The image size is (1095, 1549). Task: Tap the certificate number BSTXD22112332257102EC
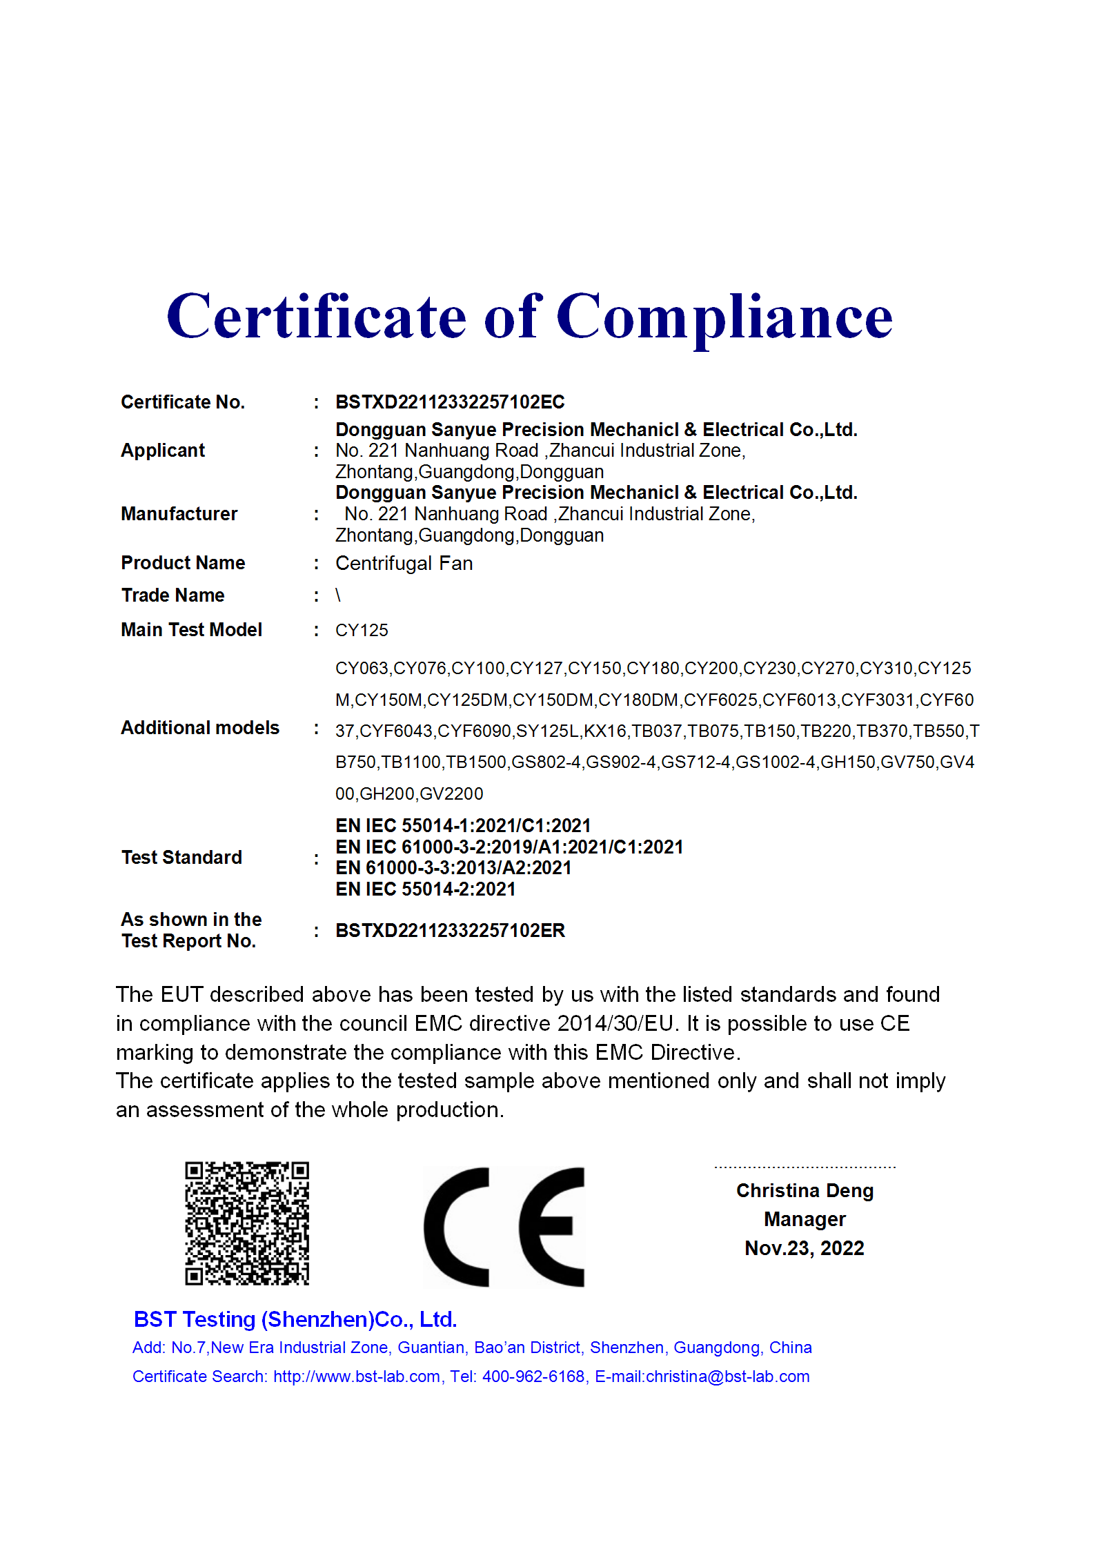coord(450,402)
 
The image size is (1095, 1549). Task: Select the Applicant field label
coord(163,451)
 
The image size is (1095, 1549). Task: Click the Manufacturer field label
coord(179,514)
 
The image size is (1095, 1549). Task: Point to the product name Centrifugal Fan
coord(404,564)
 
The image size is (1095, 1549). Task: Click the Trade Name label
coord(172,595)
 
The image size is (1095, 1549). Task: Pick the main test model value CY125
coord(362,631)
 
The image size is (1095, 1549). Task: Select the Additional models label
coord(200,728)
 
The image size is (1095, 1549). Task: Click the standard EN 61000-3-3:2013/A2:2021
coord(453,868)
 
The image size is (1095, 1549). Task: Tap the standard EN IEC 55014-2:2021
coord(425,889)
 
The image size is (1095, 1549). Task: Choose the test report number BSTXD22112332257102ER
coord(450,931)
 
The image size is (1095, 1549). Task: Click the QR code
coord(247,1223)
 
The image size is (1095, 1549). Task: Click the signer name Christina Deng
coord(805,1191)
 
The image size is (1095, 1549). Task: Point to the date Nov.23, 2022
coord(805,1248)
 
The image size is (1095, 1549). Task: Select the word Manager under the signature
coord(805,1220)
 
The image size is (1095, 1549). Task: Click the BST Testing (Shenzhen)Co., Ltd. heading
coord(295,1320)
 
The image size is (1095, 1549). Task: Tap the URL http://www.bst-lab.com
coord(357,1377)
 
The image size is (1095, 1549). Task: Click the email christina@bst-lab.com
coord(727,1377)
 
